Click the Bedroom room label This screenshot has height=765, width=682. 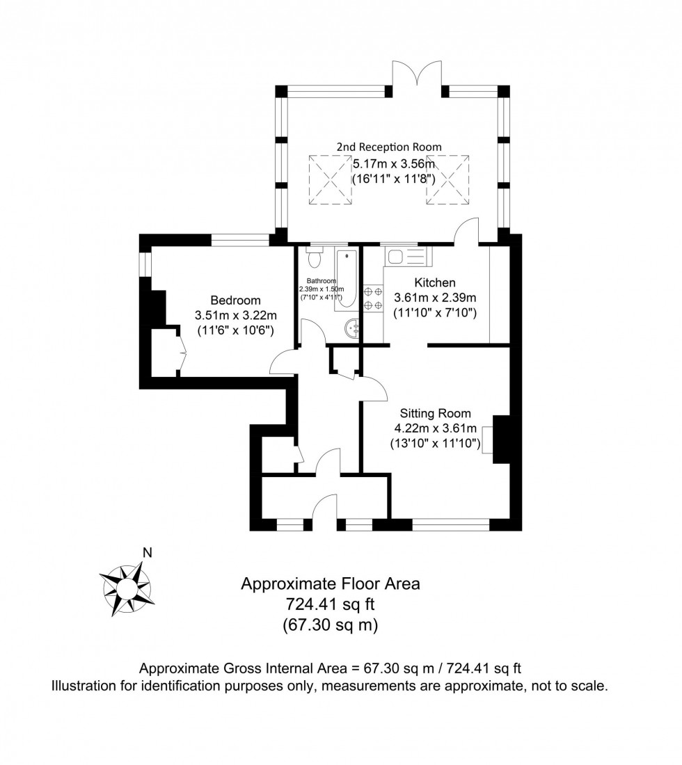click(x=235, y=300)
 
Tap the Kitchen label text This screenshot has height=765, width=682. click(x=434, y=282)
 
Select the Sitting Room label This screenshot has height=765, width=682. click(x=436, y=413)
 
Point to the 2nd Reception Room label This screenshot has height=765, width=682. click(x=388, y=147)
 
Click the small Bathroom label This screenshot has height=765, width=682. click(x=322, y=281)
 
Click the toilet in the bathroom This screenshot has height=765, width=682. click(x=315, y=257)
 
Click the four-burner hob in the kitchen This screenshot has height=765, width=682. click(x=374, y=299)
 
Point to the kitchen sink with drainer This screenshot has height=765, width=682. click(x=408, y=256)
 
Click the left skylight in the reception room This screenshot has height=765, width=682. click(x=330, y=180)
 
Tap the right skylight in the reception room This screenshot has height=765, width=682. click(x=447, y=180)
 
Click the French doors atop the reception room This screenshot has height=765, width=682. click(x=418, y=73)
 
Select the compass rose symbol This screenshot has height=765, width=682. click(x=127, y=588)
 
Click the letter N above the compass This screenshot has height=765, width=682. click(x=147, y=553)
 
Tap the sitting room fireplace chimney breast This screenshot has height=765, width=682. click(x=501, y=440)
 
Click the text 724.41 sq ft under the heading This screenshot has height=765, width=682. click(x=330, y=604)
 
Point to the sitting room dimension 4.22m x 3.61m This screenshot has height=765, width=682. click(x=436, y=428)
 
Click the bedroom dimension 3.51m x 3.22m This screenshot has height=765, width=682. click(x=235, y=315)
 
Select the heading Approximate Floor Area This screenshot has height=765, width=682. click(x=331, y=583)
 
